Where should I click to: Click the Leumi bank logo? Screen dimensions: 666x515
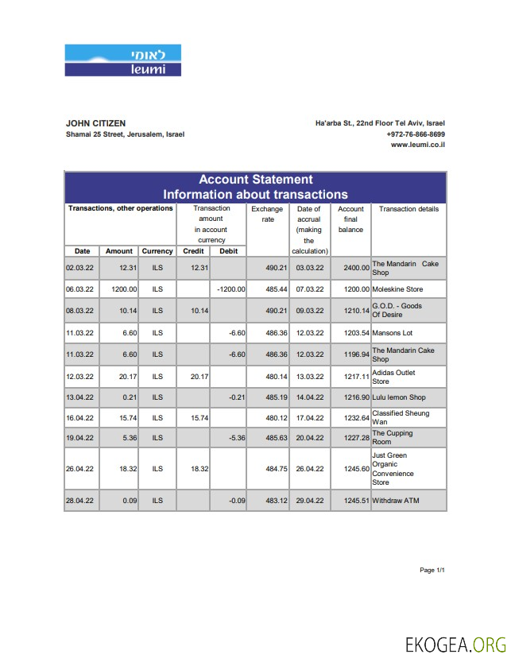123,60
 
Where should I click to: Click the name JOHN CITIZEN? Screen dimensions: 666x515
95,123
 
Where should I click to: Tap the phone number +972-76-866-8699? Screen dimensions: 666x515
416,134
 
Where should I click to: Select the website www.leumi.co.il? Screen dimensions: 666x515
417,145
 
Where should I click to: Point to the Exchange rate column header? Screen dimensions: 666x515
267,214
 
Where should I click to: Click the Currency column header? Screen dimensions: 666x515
157,251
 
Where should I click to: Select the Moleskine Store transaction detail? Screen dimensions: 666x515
397,289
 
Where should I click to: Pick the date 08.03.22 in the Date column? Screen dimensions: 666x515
79,311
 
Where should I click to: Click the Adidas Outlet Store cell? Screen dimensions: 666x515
393,377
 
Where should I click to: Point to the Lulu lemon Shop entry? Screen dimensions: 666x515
399,397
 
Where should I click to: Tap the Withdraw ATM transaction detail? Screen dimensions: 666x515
395,501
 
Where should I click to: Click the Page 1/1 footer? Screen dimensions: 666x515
432,570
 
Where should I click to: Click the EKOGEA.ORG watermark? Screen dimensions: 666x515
455,643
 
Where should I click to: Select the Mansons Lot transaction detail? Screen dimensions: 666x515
393,333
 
